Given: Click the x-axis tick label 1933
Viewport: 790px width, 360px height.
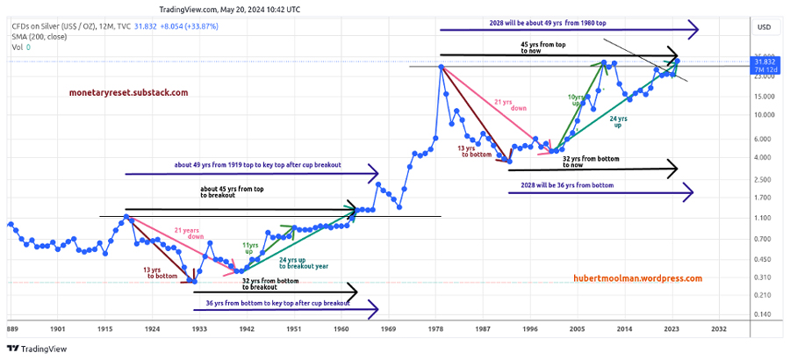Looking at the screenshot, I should pos(199,328).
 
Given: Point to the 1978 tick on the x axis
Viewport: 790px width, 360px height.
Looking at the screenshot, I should pos(436,328).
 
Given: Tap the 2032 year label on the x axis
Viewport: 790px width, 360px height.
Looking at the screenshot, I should pos(719,328).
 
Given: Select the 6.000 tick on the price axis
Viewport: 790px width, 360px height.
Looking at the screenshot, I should pos(764,139).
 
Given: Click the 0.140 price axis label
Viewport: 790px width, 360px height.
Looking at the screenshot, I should pos(764,314).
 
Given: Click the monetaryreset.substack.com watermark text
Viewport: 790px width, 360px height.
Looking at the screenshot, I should pos(128,92).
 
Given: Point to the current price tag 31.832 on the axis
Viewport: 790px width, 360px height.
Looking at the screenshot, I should pos(764,61).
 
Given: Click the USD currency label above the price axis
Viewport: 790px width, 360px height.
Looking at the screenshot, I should pos(764,26).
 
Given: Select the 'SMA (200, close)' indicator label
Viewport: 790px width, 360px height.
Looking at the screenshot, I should pos(43,38).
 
